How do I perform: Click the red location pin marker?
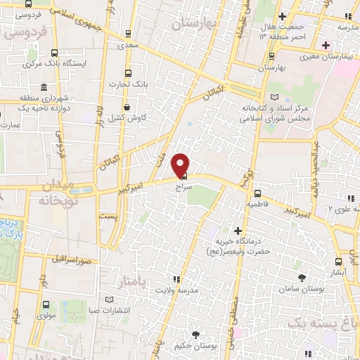coord(181,164)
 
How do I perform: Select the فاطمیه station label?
coord(257,204)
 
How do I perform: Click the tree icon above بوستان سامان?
coord(303,278)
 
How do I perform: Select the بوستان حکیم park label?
coord(196,347)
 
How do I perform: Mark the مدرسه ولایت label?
coord(173,290)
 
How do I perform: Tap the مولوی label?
coord(46,317)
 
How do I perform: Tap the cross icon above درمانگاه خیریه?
coord(238,231)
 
